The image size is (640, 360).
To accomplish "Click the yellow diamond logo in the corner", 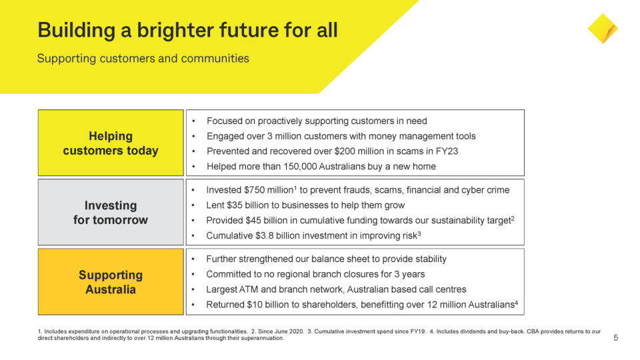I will tap(603, 29).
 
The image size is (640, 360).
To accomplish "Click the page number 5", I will tap(615, 338).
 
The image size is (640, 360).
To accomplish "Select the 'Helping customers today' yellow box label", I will tap(111, 143).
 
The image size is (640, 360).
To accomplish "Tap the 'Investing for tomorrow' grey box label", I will tap(111, 213).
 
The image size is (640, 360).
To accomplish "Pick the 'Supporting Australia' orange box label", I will tap(111, 282).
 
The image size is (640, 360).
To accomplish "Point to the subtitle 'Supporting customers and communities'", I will tap(143, 59).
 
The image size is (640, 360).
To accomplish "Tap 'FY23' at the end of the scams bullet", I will tap(446, 151).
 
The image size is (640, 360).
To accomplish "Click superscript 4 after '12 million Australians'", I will tap(515, 303).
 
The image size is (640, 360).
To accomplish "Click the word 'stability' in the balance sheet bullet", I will tap(427, 259).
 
